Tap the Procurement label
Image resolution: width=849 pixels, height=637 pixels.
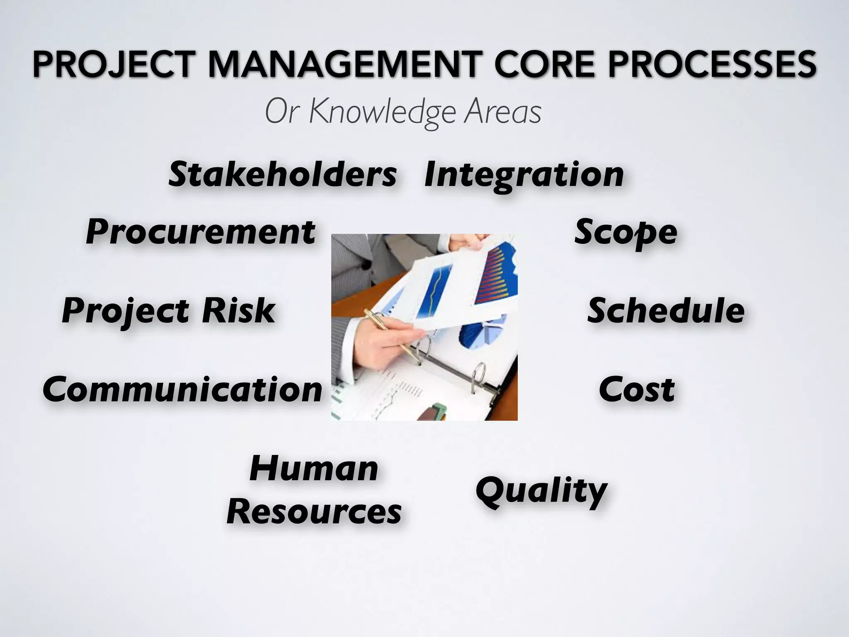201,232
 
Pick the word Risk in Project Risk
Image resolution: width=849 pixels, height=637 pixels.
238,311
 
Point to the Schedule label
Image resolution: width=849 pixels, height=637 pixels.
666,311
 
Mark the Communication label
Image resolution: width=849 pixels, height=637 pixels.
182,390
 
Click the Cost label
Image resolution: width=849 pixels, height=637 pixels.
637,390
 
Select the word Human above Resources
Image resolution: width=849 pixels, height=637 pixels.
314,469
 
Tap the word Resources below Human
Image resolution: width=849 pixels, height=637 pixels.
314,511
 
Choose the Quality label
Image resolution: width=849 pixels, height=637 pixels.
541,491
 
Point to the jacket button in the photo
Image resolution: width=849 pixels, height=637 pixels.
366,264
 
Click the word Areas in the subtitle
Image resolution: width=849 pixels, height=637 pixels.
502,112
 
